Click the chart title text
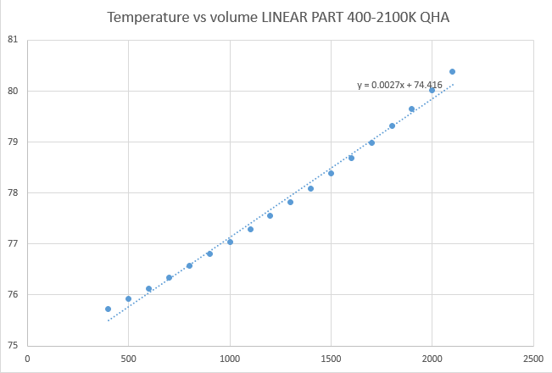pos(276,17)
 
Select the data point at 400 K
pos(108,309)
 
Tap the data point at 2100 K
pos(452,71)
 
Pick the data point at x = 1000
pos(230,242)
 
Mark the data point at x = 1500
pos(331,173)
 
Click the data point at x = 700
pos(169,277)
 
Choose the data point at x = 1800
pos(392,125)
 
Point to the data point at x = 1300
pos(290,202)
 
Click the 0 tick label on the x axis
pos(27,359)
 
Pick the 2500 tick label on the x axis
pos(533,359)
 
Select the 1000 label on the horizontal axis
pos(230,359)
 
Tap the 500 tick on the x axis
pos(128,359)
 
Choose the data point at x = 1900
pos(411,109)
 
